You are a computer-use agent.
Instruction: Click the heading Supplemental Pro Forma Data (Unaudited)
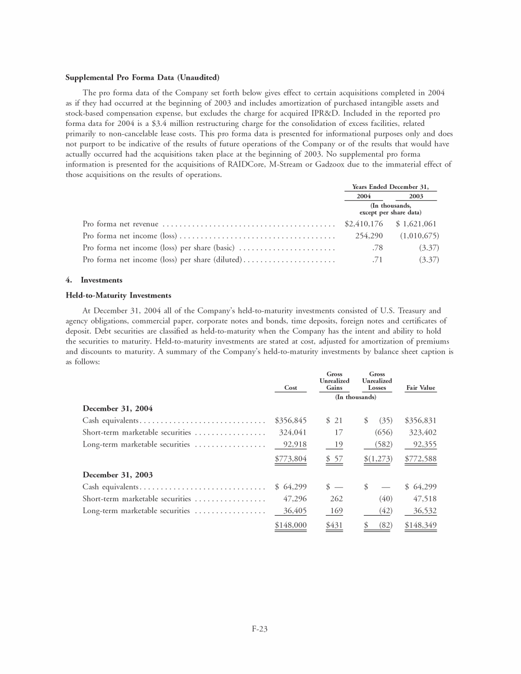pyautogui.click(x=142, y=78)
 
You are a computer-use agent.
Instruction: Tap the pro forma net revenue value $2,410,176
pyautogui.click(x=364, y=224)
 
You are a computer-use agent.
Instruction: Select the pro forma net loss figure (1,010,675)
pyautogui.click(x=419, y=236)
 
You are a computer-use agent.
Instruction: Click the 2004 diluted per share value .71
pyautogui.click(x=377, y=260)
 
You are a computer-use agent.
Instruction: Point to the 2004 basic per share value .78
pyautogui.click(x=377, y=248)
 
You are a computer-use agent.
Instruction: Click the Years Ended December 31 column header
pyautogui.click(x=390, y=187)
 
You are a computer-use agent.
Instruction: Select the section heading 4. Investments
pyautogui.click(x=94, y=280)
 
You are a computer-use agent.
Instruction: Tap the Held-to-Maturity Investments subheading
pyautogui.click(x=118, y=296)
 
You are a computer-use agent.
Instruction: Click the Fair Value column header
pyautogui.click(x=420, y=388)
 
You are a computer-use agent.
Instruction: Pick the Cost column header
pyautogui.click(x=290, y=388)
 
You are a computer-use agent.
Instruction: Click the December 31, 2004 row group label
pyautogui.click(x=118, y=409)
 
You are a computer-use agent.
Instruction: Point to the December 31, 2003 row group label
pyautogui.click(x=118, y=475)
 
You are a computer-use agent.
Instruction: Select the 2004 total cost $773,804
pyautogui.click(x=290, y=459)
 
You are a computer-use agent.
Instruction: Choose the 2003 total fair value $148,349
pyautogui.click(x=421, y=525)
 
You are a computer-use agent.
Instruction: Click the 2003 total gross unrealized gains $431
pyautogui.click(x=334, y=525)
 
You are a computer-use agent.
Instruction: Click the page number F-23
pyautogui.click(x=260, y=629)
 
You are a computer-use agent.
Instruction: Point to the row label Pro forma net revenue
pyautogui.click(x=120, y=224)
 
